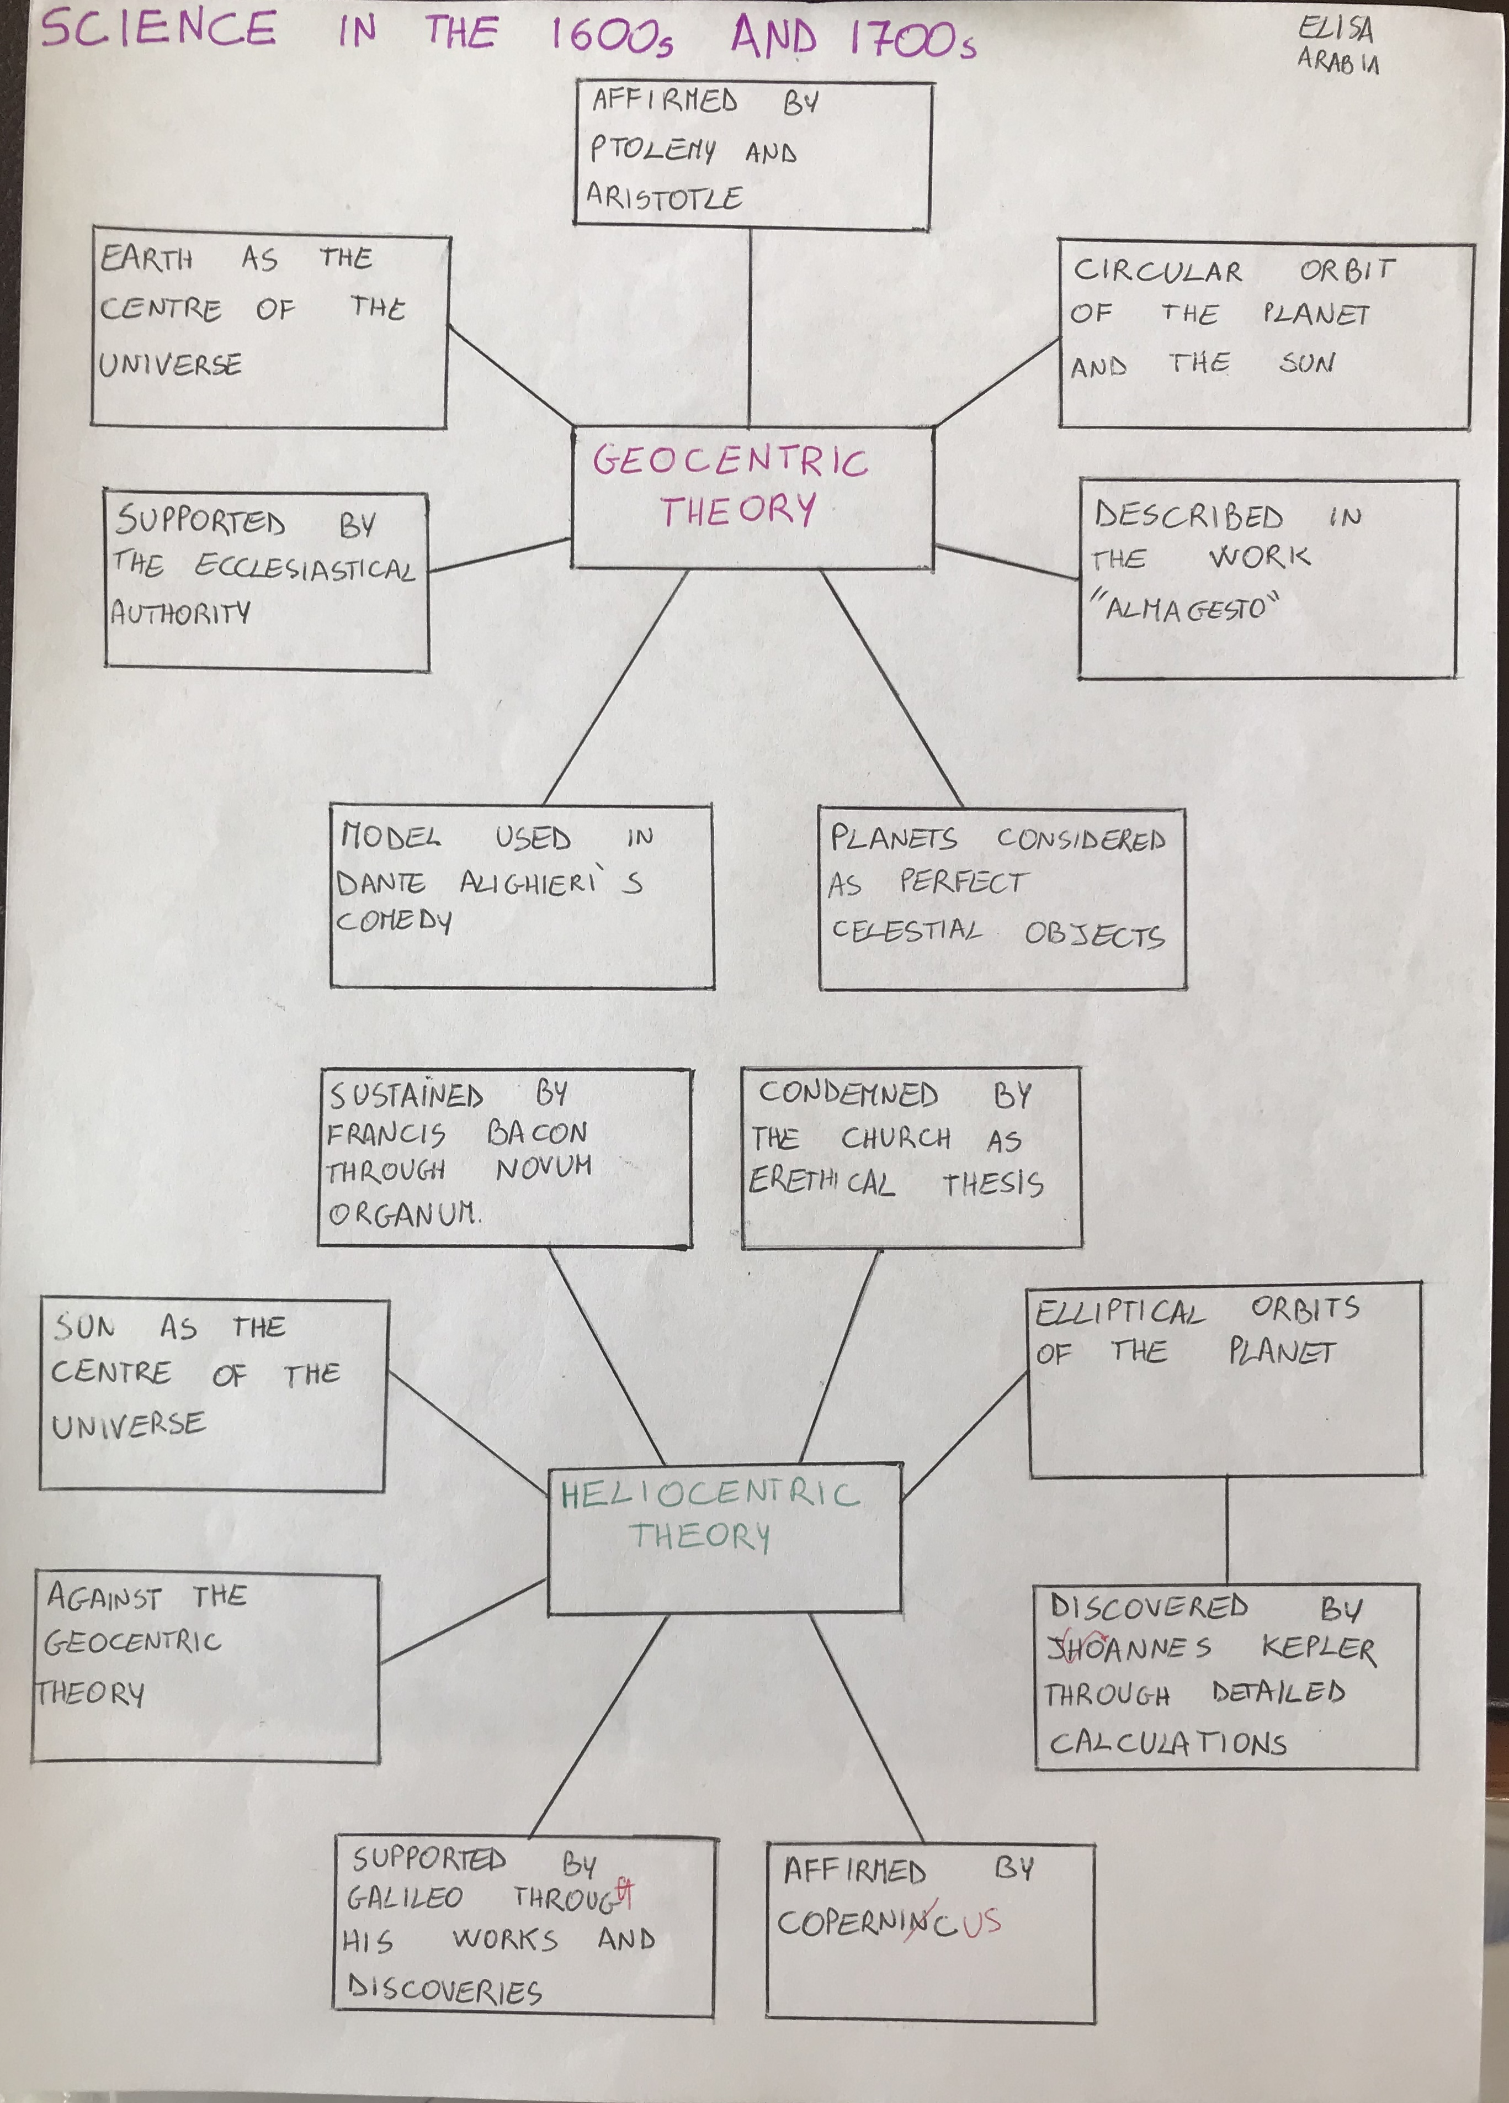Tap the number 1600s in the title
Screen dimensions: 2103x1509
point(612,36)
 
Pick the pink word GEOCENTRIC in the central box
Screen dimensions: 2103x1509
point(730,461)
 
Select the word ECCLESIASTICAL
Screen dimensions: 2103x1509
point(304,568)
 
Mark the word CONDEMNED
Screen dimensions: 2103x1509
point(848,1094)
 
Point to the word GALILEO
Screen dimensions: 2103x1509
point(404,1897)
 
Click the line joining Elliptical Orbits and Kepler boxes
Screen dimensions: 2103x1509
point(1227,1530)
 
